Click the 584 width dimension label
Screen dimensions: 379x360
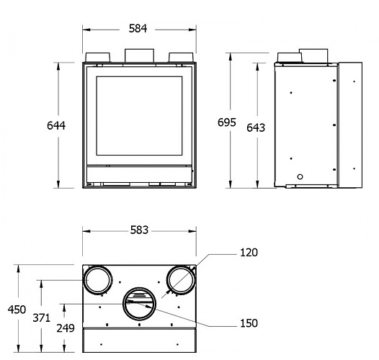click(x=138, y=29)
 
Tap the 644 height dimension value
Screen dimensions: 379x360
click(x=56, y=125)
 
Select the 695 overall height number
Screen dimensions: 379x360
click(x=227, y=122)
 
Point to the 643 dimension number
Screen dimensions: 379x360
click(x=256, y=127)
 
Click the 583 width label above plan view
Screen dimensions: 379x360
click(x=139, y=230)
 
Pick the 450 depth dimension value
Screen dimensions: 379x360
click(x=17, y=310)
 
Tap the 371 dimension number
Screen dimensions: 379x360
click(x=42, y=318)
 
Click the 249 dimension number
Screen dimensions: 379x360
click(x=66, y=328)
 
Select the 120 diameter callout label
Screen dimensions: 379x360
click(x=249, y=253)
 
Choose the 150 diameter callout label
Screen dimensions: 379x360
click(x=249, y=323)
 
